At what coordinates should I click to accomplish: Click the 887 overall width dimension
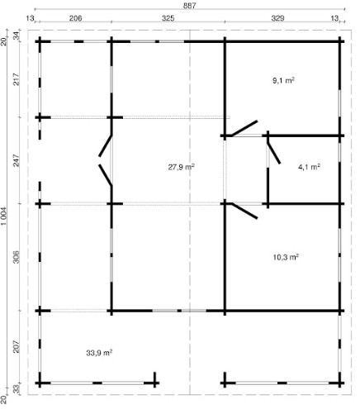pyautogui.click(x=190, y=5)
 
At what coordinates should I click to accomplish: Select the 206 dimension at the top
pyautogui.click(x=75, y=18)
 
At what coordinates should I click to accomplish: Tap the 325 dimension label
pyautogui.click(x=168, y=18)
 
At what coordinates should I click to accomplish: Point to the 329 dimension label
pyautogui.click(x=277, y=18)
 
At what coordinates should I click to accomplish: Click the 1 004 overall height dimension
pyautogui.click(x=5, y=216)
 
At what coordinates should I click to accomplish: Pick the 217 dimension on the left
pyautogui.click(x=17, y=79)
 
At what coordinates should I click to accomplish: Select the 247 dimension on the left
pyautogui.click(x=17, y=160)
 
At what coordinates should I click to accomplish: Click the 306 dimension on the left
pyautogui.click(x=17, y=257)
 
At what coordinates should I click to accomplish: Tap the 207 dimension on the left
pyautogui.click(x=17, y=347)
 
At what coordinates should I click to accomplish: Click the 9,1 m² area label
pyautogui.click(x=283, y=80)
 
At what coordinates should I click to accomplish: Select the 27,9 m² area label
pyautogui.click(x=182, y=167)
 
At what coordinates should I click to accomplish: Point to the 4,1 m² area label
pyautogui.click(x=309, y=167)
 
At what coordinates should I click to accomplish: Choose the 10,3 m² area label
pyautogui.click(x=286, y=257)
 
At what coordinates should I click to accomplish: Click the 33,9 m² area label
pyautogui.click(x=99, y=353)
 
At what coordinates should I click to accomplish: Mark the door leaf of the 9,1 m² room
pyautogui.click(x=244, y=128)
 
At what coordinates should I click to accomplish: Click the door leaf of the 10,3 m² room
pyautogui.click(x=244, y=211)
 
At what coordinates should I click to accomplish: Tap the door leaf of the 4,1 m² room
pyautogui.click(x=274, y=153)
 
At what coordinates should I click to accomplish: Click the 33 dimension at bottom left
pyautogui.click(x=17, y=388)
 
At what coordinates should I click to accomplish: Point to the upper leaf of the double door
pyautogui.click(x=105, y=145)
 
